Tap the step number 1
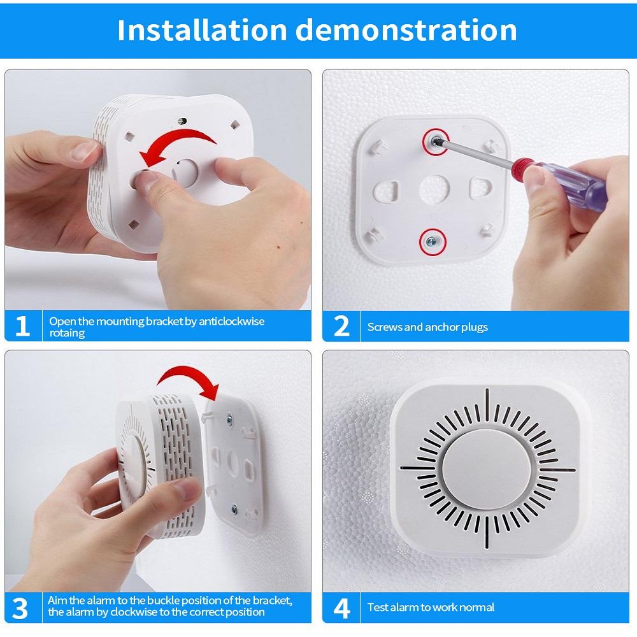22,326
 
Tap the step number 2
341,326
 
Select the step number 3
21,608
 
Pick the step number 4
341,608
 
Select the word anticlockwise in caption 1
231,321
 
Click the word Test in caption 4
377,608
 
